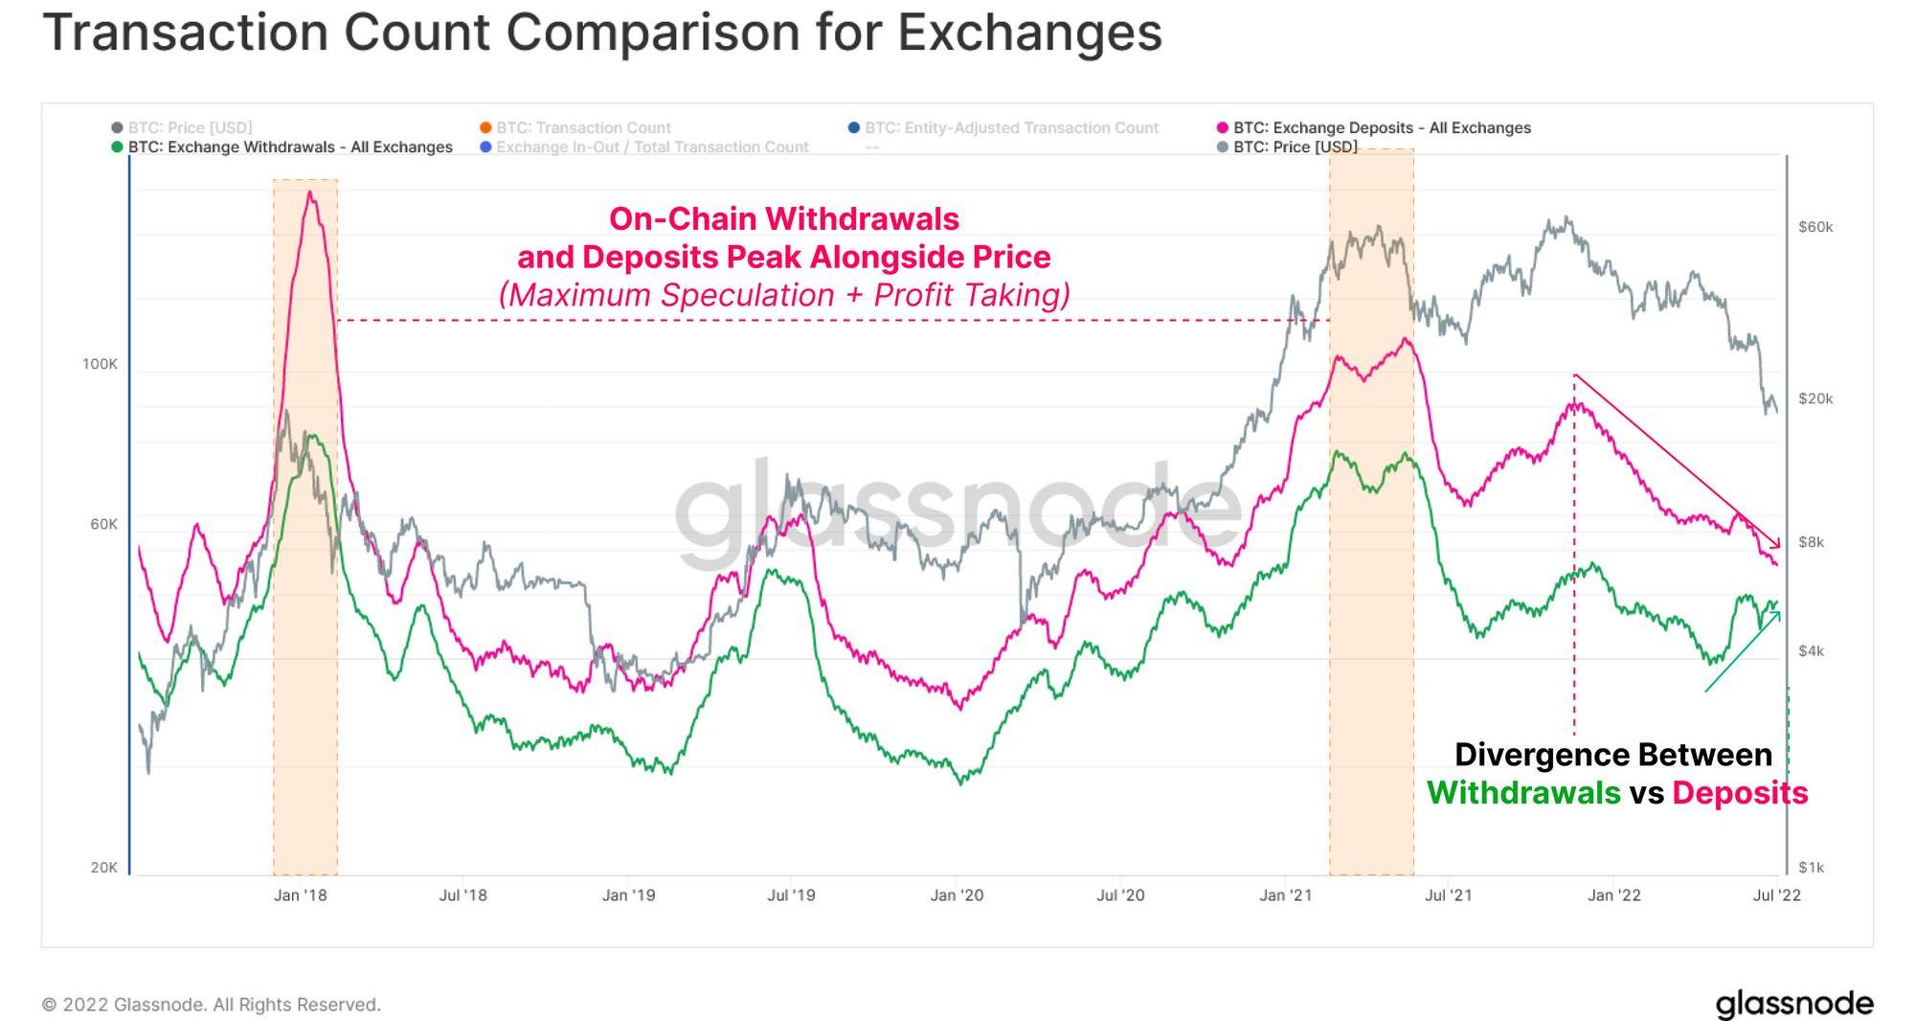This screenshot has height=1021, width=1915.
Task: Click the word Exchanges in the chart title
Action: (1029, 32)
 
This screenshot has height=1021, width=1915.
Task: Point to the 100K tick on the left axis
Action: (100, 364)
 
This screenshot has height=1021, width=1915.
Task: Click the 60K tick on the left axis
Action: (103, 524)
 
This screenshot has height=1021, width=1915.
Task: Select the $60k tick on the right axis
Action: (1815, 227)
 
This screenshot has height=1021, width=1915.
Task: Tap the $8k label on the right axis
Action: (1811, 542)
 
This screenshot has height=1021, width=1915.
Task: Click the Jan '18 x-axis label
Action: (300, 896)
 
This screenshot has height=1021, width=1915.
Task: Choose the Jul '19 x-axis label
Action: (791, 896)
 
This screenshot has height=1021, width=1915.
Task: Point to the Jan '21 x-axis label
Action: (1285, 896)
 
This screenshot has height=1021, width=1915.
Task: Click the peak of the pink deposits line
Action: (309, 193)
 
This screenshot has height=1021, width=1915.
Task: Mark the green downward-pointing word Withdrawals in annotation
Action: (1523, 793)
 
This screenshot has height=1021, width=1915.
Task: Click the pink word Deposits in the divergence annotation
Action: (1740, 793)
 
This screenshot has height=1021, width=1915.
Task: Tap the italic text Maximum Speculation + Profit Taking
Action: (784, 295)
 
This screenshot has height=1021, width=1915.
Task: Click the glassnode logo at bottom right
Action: (1794, 1004)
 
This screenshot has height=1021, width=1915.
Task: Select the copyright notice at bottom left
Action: (212, 1005)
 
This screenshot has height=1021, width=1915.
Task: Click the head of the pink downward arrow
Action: (1778, 546)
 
